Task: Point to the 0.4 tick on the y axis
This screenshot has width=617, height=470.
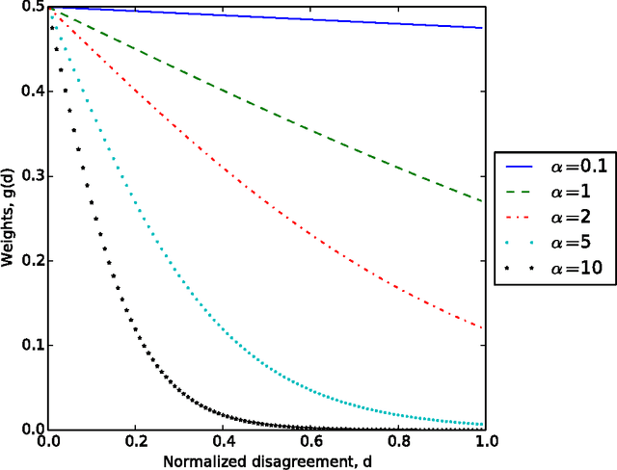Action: pos(28,91)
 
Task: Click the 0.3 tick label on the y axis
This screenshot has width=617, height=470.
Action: pos(28,176)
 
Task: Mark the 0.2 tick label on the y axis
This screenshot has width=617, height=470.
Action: pos(28,261)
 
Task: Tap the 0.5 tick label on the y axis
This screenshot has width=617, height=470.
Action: pos(28,8)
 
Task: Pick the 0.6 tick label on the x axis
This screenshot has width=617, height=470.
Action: pos(310,442)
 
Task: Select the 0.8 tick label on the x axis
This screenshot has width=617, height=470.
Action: pos(398,442)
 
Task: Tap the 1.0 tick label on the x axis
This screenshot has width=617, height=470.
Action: pos(485,442)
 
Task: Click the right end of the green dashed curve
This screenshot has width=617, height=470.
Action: pos(484,201)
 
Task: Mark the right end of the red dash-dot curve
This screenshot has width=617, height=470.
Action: pos(484,328)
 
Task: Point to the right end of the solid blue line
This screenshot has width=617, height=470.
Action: pos(484,28)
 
